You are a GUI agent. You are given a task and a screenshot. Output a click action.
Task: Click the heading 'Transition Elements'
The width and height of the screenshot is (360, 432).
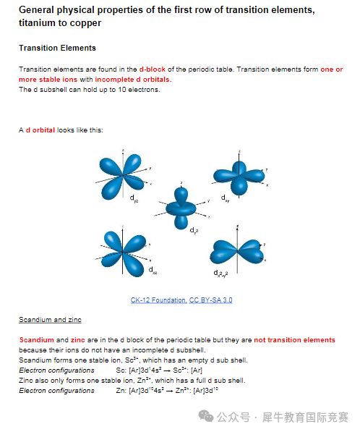pyautogui.click(x=57, y=48)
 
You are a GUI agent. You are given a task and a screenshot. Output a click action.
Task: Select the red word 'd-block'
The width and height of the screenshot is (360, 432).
pyautogui.click(x=153, y=69)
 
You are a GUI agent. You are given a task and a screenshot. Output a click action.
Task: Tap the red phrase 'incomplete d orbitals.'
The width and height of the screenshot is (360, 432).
pyautogui.click(x=133, y=80)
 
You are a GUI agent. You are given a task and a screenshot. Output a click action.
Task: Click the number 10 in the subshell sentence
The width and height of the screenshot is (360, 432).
pyautogui.click(x=122, y=90)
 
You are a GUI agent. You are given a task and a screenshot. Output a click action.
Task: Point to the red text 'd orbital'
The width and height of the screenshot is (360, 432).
pyautogui.click(x=40, y=130)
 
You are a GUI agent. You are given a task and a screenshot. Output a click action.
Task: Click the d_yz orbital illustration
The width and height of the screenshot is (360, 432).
pyautogui.click(x=122, y=175)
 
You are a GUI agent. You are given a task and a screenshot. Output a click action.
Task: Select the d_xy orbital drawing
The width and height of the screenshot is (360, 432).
pyautogui.click(x=239, y=177)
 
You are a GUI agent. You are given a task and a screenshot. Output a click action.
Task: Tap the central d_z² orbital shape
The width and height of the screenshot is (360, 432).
pyautogui.click(x=181, y=208)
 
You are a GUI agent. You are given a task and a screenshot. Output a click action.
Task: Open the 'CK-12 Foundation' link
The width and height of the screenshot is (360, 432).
pyautogui.click(x=159, y=300)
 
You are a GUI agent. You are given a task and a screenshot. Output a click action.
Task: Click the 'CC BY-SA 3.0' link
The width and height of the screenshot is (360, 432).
pyautogui.click(x=210, y=300)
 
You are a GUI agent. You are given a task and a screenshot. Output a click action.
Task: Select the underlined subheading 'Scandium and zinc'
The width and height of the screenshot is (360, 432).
pyautogui.click(x=50, y=320)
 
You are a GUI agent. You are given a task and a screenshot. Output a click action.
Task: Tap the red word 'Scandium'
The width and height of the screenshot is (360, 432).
pyautogui.click(x=37, y=340)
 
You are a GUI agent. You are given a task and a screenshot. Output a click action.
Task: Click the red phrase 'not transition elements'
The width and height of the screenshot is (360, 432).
pyautogui.click(x=294, y=340)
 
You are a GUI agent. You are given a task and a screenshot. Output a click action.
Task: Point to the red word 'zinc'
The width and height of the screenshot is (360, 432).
pyautogui.click(x=78, y=340)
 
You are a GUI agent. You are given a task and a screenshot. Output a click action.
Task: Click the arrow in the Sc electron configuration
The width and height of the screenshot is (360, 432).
pyautogui.click(x=167, y=370)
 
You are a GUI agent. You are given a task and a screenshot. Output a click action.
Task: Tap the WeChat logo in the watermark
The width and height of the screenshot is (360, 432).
pyautogui.click(x=206, y=416)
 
